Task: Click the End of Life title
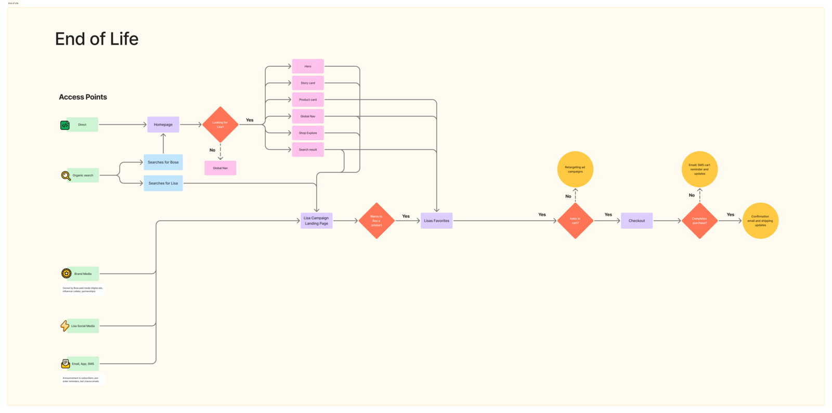pos(97,39)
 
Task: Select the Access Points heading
pos(83,97)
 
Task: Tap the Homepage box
pos(163,124)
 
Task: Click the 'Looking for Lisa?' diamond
pos(220,124)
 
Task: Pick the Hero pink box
pos(308,66)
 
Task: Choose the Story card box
pos(308,83)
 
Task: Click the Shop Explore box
pos(308,133)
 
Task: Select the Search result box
pos(308,149)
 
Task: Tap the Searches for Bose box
pos(163,162)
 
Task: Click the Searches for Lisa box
pos(163,183)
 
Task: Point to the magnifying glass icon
pos(66,176)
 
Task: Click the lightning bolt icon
pos(64,326)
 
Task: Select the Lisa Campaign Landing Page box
pos(316,221)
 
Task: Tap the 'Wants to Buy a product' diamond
pos(376,221)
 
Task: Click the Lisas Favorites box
pos(436,221)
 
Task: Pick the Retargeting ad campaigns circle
pos(575,169)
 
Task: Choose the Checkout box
pos(636,221)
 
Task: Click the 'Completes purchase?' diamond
pos(699,221)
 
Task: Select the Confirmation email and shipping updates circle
pos(760,221)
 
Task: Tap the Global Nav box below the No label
pos(220,168)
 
